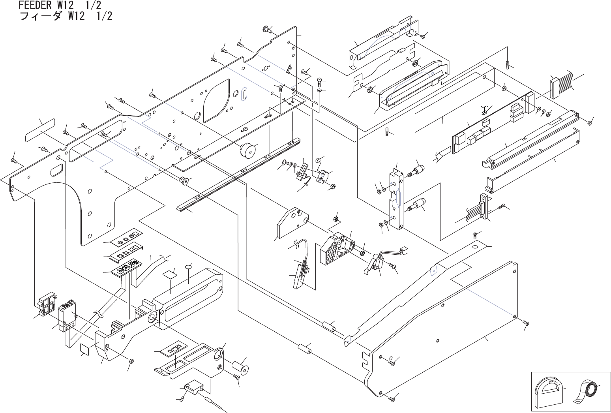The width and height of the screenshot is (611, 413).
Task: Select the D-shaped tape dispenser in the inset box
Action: click(549, 393)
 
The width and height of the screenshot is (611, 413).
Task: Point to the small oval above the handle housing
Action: click(188, 267)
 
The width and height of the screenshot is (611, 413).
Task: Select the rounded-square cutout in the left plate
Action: click(56, 170)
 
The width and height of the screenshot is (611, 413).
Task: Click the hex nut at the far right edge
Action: click(589, 122)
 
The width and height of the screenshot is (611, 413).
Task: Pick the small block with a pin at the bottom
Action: click(193, 387)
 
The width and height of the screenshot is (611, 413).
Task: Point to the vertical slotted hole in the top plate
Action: click(245, 95)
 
